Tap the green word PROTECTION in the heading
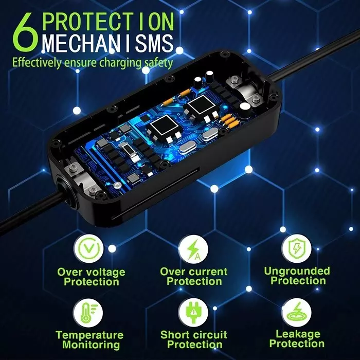coord(108,22)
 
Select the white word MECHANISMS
coord(107,43)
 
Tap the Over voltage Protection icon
coord(89,249)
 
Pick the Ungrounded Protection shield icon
coord(297,248)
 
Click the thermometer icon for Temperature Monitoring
coord(88,313)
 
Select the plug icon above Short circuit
coord(193,313)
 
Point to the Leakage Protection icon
coord(297,313)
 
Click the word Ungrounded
coord(297,271)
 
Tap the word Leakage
coord(298,334)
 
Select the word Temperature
coord(89,335)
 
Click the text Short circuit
coord(194,335)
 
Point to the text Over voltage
coord(91,272)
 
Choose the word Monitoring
coord(91,345)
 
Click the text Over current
coord(194,272)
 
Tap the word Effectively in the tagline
coord(37,63)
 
